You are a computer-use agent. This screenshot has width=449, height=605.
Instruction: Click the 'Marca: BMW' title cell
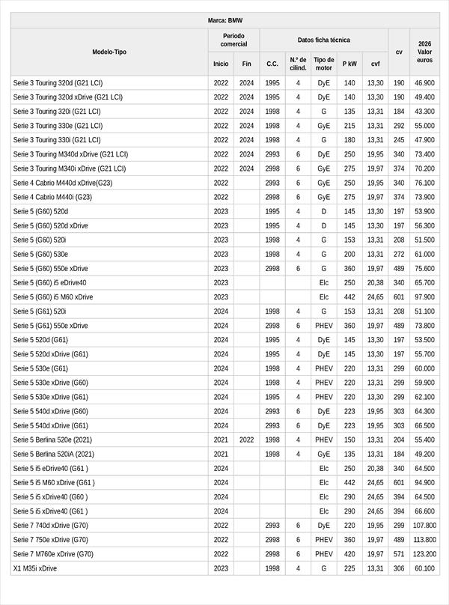coord(224,20)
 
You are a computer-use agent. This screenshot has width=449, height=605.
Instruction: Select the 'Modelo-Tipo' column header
coord(109,52)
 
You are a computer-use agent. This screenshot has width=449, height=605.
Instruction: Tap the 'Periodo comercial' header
coord(233,40)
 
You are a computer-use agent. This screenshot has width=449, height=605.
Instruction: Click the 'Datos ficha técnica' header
coord(323,40)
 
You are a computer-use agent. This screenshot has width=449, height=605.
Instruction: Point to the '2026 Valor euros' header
coord(424,52)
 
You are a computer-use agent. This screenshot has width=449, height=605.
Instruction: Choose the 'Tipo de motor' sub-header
coord(323,64)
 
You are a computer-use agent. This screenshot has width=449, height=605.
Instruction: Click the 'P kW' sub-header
coord(349,64)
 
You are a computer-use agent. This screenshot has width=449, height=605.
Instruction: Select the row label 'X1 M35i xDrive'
coord(35,568)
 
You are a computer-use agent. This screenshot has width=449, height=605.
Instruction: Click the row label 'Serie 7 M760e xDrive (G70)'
coord(53,554)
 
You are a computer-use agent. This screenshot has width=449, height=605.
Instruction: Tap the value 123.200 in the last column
coord(424,554)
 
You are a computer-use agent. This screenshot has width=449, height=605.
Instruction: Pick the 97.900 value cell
coord(424,297)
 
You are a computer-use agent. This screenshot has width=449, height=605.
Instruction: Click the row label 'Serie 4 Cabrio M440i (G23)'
coord(52,197)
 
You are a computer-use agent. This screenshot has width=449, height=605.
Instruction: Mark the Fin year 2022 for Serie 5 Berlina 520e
coord(246,440)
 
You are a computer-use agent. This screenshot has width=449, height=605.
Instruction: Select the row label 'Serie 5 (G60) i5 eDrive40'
coord(49,283)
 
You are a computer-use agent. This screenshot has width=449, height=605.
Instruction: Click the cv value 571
coord(399,554)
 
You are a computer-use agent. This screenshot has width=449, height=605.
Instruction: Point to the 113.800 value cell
coord(424,540)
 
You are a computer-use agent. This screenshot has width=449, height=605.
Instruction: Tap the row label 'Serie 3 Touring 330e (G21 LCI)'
coord(58,126)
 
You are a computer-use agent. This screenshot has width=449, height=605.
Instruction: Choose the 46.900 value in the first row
coord(424,83)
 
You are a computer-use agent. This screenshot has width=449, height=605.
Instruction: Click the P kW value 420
coord(349,554)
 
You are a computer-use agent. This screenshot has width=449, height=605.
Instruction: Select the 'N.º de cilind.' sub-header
coord(298,64)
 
